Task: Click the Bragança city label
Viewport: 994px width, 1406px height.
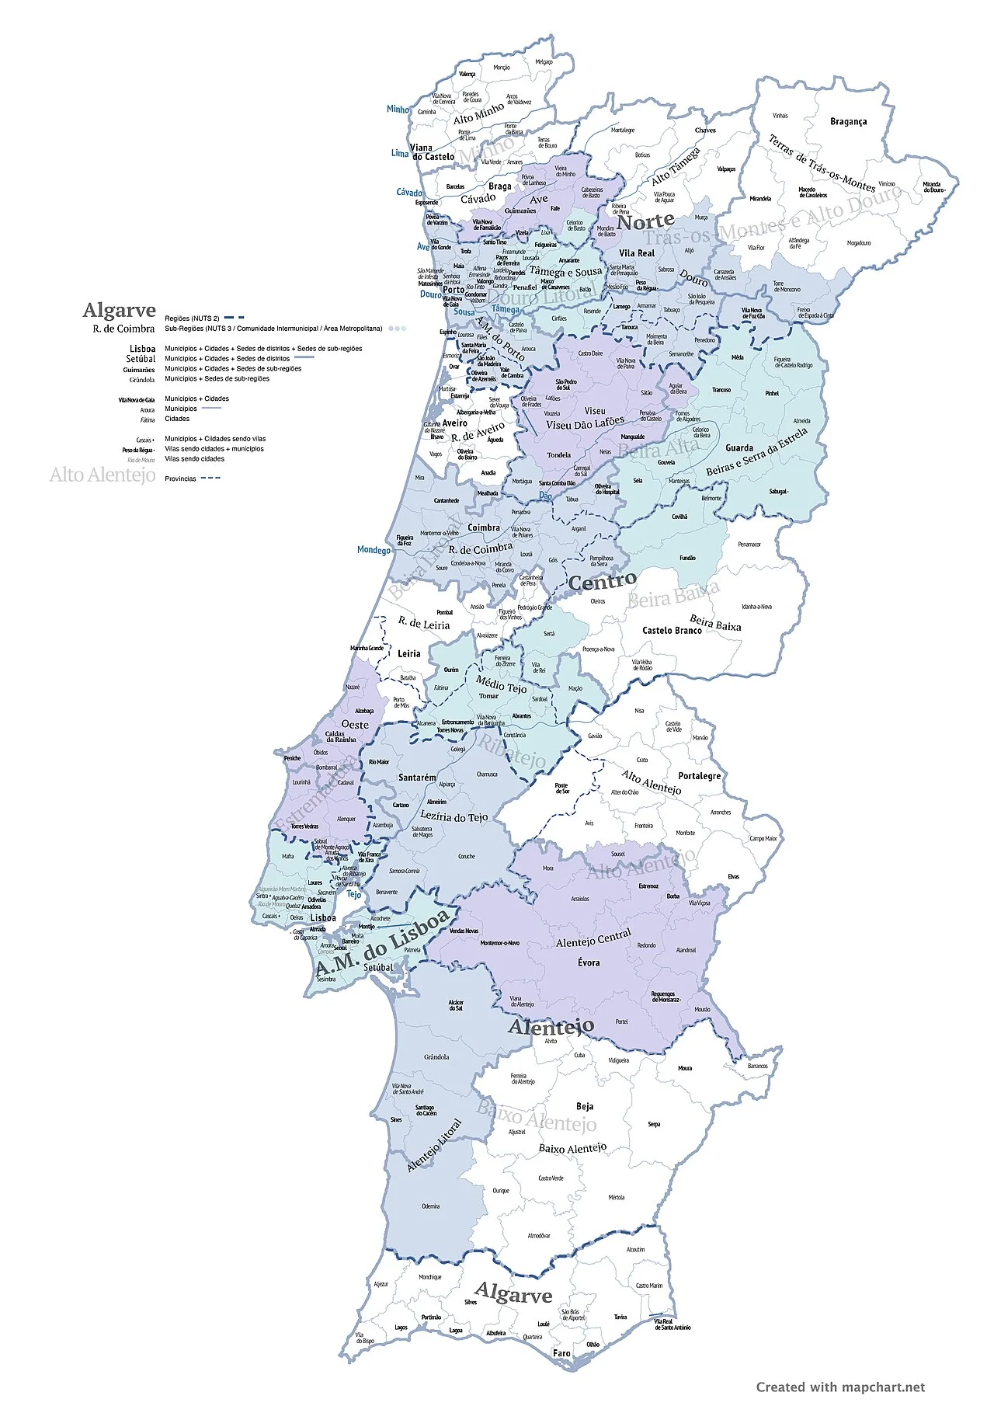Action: [848, 121]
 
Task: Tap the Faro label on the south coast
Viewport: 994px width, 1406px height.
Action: [561, 1353]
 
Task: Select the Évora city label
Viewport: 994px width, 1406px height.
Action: [589, 962]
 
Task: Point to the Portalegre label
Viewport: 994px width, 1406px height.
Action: [699, 775]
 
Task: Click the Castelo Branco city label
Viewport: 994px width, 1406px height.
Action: [672, 630]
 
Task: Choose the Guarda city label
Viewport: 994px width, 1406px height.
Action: [739, 447]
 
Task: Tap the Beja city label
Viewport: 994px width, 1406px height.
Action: [585, 1106]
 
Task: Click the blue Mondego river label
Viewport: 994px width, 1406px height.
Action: [374, 550]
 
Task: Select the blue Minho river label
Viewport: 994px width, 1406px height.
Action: [398, 110]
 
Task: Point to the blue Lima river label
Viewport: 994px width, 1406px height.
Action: [399, 153]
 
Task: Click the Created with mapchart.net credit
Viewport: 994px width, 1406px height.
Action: [840, 1387]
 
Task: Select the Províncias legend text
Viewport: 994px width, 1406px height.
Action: [180, 479]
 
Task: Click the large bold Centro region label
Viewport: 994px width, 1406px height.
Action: [602, 581]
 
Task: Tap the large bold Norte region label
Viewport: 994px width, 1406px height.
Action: [645, 222]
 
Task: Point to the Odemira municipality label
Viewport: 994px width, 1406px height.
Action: [430, 1206]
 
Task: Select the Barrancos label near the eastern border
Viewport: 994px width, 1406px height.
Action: [757, 1066]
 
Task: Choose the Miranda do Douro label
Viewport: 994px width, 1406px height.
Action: [932, 187]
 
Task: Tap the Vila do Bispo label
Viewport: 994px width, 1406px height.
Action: [365, 1338]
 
